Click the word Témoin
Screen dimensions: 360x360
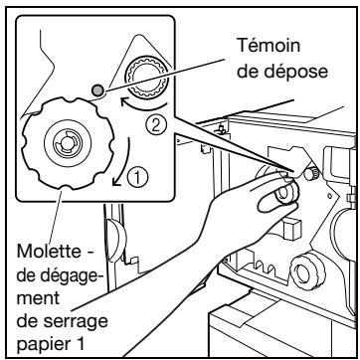click(269, 45)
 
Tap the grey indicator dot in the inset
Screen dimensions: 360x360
click(97, 90)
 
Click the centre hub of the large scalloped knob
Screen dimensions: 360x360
click(68, 143)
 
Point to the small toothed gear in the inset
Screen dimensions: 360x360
click(147, 78)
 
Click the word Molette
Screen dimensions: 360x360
click(49, 251)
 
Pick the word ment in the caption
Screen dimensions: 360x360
click(38, 298)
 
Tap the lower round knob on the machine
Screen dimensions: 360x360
click(307, 271)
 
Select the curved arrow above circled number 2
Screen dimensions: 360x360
click(143, 106)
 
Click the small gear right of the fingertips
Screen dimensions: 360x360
click(311, 173)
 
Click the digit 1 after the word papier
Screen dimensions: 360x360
click(79, 344)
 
